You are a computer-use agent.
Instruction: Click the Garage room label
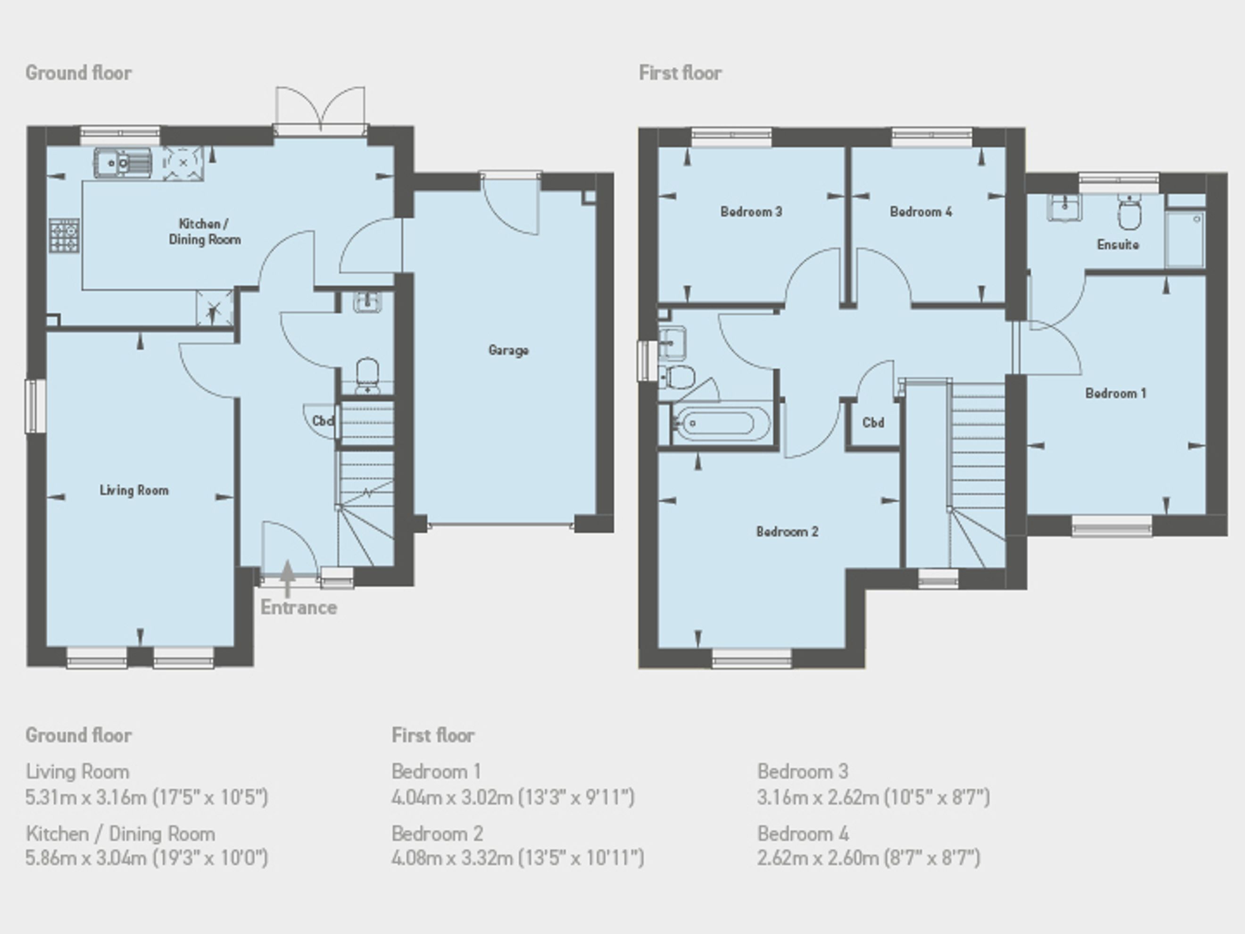coord(508,350)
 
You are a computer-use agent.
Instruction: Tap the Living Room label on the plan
coord(134,491)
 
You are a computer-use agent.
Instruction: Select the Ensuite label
coord(1118,244)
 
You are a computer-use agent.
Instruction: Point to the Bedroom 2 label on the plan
coord(787,532)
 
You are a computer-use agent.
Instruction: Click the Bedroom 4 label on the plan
coord(921,212)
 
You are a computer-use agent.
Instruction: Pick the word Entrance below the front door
coord(299,608)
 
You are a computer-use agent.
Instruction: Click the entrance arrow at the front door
coord(288,578)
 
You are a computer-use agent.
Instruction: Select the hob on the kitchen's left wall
coord(64,235)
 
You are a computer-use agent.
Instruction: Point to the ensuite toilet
coord(1129,212)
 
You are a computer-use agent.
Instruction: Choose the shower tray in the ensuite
coord(1185,239)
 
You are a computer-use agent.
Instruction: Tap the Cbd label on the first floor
coord(873,423)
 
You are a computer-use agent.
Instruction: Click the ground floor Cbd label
coord(323,421)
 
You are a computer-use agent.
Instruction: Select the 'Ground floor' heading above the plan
coord(79,73)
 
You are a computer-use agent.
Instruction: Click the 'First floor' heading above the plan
coord(680,73)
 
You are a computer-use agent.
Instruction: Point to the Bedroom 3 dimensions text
coord(873,797)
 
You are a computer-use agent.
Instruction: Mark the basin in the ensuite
coord(1064,207)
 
